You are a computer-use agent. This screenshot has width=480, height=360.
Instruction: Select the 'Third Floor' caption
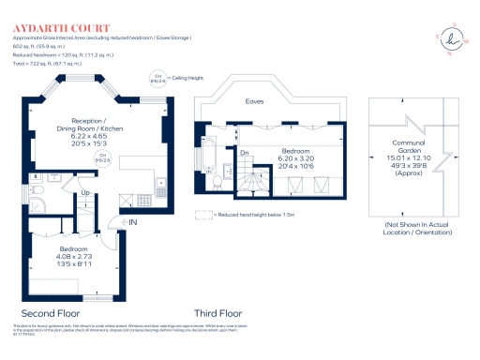[217, 313]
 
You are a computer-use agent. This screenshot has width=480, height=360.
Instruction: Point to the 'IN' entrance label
[133, 222]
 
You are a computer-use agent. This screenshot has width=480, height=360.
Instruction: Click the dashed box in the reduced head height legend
[201, 215]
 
